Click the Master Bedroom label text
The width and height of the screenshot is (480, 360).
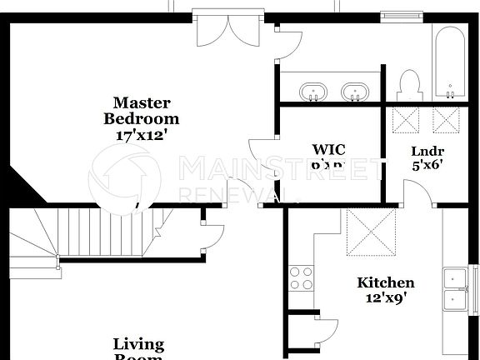[142, 111]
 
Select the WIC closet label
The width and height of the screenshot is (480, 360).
[328, 150]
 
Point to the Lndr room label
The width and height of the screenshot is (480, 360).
[427, 151]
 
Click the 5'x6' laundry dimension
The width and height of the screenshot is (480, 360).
[427, 164]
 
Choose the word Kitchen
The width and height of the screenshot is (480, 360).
[386, 282]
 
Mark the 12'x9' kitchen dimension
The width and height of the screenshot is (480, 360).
[386, 297]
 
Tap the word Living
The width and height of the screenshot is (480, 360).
[138, 343]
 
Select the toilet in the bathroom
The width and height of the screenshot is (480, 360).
[408, 83]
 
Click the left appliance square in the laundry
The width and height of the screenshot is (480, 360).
[407, 119]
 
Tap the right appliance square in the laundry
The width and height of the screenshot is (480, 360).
[447, 119]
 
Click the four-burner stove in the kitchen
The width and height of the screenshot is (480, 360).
[300, 277]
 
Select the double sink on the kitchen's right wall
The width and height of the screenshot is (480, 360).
[456, 288]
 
